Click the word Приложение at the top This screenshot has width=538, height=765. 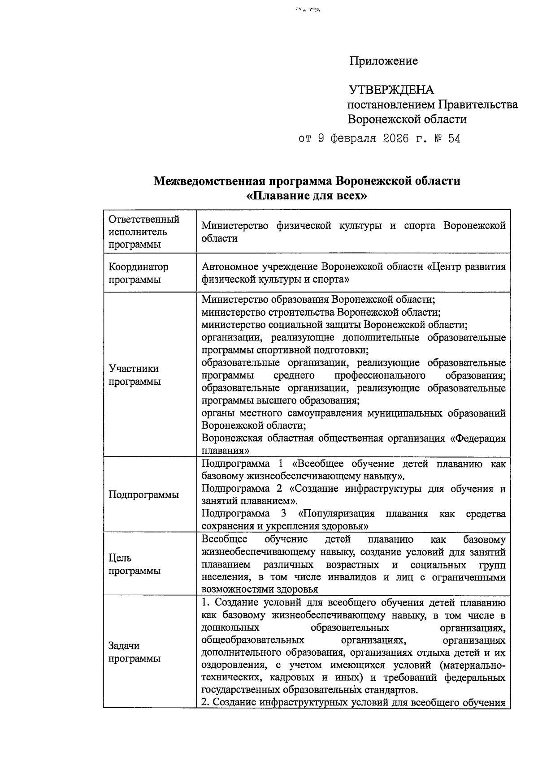tap(383, 61)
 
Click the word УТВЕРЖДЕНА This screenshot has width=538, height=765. tap(391, 90)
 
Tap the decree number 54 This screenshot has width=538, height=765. tap(454, 139)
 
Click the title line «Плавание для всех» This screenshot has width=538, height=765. tap(307, 196)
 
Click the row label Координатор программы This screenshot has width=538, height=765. tap(139, 273)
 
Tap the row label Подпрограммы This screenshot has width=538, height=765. tap(143, 494)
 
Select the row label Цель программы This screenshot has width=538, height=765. tap(134, 564)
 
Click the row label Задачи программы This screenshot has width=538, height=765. tap(134, 652)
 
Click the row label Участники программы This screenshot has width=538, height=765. tap(134, 375)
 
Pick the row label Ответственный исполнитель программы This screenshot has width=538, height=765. tap(143, 232)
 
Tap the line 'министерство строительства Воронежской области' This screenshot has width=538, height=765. tap(321, 312)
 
